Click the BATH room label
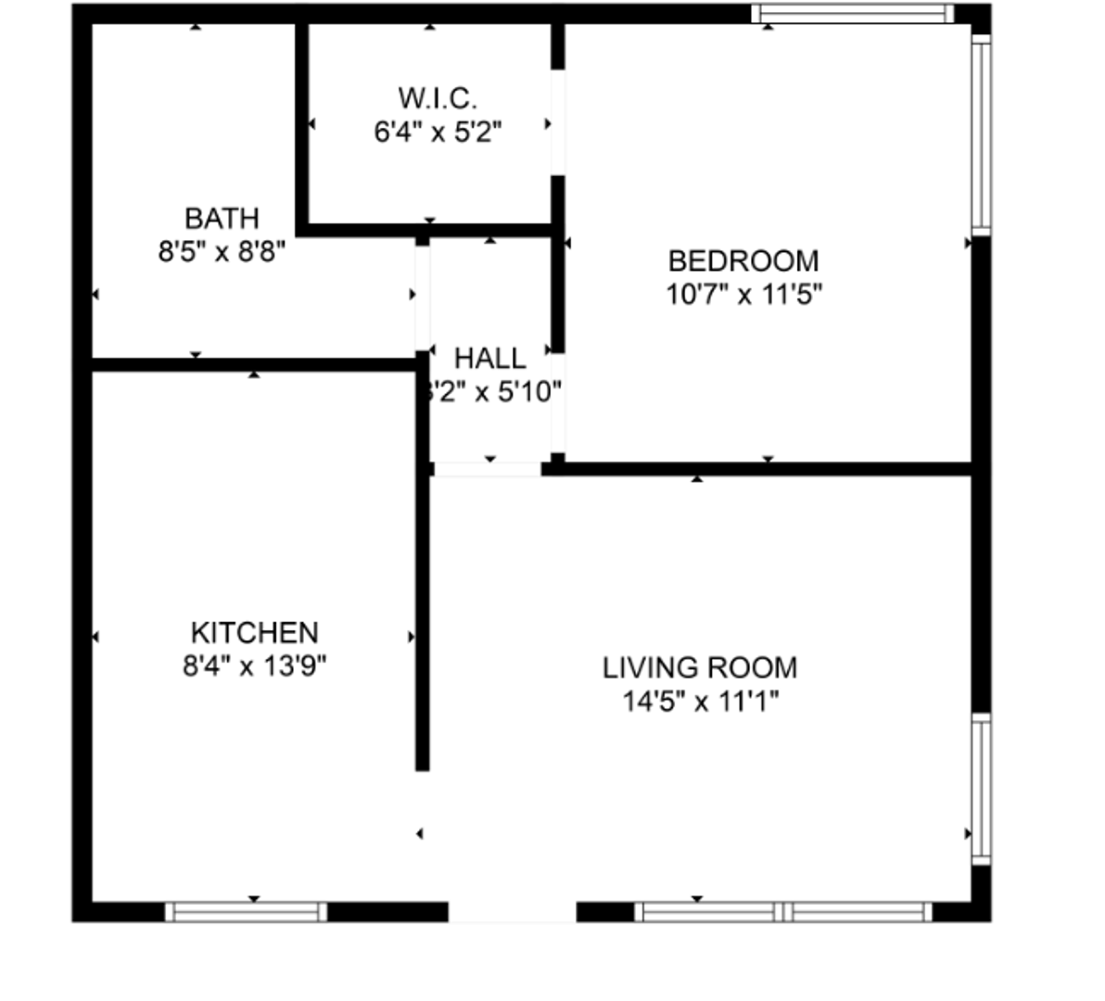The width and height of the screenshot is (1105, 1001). (x=222, y=219)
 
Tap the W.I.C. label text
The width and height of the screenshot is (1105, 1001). (x=438, y=97)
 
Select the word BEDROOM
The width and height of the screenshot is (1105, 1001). (x=743, y=260)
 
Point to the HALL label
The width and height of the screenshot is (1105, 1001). (x=490, y=358)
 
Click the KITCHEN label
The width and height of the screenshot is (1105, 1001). (x=254, y=633)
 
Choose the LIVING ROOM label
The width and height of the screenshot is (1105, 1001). (x=700, y=667)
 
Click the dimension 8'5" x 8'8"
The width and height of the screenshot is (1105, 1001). (x=222, y=251)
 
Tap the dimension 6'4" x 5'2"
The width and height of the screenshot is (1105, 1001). (x=438, y=132)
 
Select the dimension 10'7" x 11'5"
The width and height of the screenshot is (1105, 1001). (x=743, y=295)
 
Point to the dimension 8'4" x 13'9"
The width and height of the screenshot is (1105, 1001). (x=254, y=666)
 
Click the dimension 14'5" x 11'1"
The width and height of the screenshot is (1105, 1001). (x=700, y=702)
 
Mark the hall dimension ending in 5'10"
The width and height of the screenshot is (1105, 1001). (x=492, y=392)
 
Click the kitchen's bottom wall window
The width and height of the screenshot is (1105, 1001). (x=246, y=912)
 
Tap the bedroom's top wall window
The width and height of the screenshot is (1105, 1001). (x=852, y=14)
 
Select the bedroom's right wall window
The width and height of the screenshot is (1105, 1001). (x=981, y=133)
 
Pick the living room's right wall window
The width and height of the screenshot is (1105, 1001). (x=981, y=788)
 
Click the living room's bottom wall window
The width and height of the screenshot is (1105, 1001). (x=783, y=912)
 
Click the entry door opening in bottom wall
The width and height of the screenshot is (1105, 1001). (x=513, y=912)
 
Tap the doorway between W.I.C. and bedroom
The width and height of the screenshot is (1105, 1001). (x=558, y=122)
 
